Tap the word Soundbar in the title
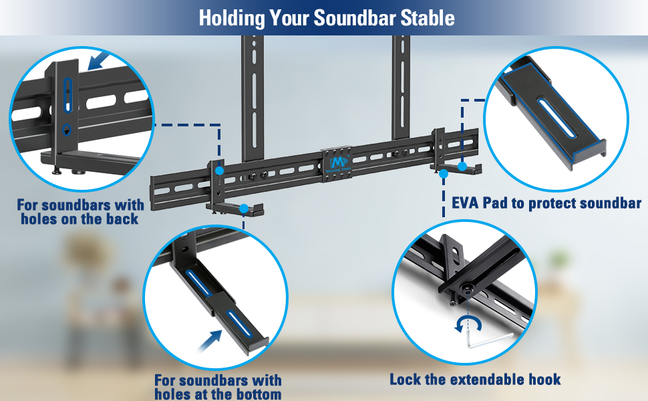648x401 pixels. pyautogui.click(x=351, y=17)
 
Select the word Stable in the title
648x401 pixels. pyautogui.click(x=428, y=17)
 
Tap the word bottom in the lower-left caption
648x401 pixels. pyautogui.click(x=255, y=394)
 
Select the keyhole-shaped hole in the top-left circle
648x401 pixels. pyautogui.click(x=65, y=131)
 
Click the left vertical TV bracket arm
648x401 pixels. pyautogui.click(x=253, y=94)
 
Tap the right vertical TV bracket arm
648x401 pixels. pyautogui.click(x=401, y=94)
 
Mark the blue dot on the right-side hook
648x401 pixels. pyautogui.click(x=443, y=173)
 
